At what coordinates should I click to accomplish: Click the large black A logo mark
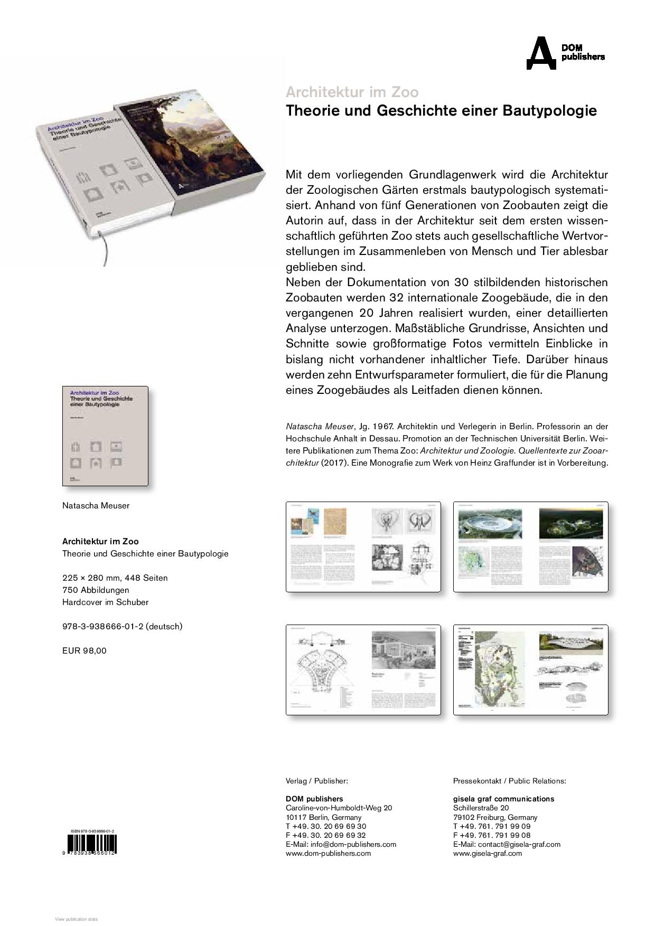coord(541,53)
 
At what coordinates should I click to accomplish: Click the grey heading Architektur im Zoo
coord(352,92)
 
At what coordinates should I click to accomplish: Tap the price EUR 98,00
coord(85,651)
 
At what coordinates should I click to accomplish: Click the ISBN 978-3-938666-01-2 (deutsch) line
coord(122,627)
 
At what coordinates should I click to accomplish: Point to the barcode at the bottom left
coord(89,845)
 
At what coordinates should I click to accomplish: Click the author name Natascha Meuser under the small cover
coord(96,506)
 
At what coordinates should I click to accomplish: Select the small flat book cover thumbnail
coord(105,436)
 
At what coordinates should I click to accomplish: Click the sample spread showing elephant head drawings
coord(363,546)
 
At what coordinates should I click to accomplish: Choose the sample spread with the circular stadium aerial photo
coord(530,546)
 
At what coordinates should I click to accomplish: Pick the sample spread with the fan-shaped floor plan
coord(363,669)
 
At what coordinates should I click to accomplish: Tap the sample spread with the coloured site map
coord(530,669)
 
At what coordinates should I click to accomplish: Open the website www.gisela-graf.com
coord(487,853)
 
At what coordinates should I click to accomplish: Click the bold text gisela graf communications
coord(503,799)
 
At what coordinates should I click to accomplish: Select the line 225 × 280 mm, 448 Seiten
coord(115,578)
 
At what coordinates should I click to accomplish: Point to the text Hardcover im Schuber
coord(105,602)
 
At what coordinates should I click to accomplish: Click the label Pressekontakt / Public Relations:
coord(509,781)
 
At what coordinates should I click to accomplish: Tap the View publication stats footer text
coord(77,920)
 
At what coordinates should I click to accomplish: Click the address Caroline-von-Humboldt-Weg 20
coord(339,808)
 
